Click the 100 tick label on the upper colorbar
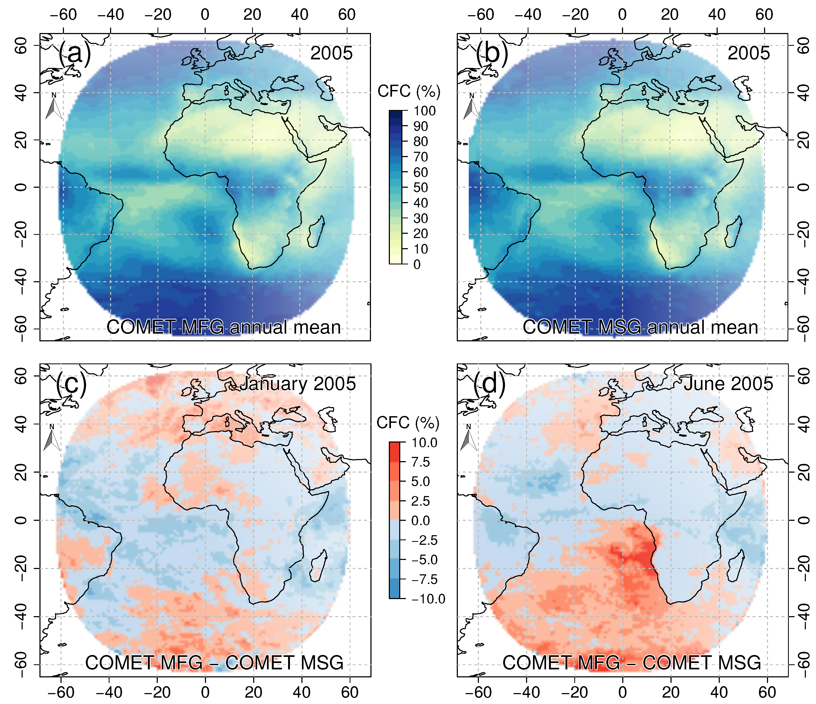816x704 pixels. tap(425, 111)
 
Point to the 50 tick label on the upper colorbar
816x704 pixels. tap(421, 188)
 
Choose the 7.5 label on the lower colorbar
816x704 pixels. tap(421, 462)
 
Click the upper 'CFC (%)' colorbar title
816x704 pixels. tap(409, 91)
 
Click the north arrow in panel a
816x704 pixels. tap(54, 107)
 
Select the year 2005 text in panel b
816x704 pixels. tap(748, 53)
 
